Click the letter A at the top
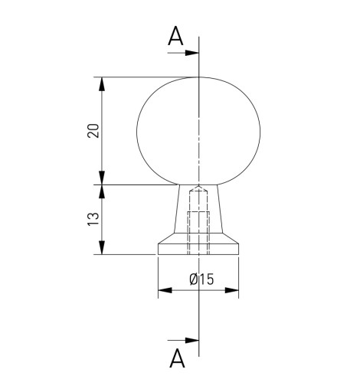[175, 36]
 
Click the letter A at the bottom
[177, 358]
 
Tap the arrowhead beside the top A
[191, 53]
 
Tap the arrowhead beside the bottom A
[191, 340]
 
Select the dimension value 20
[93, 131]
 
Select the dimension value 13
[93, 219]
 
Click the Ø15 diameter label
[201, 279]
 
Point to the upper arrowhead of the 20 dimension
[102, 83]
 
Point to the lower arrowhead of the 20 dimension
[102, 178]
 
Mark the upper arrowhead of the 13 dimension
[102, 191]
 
